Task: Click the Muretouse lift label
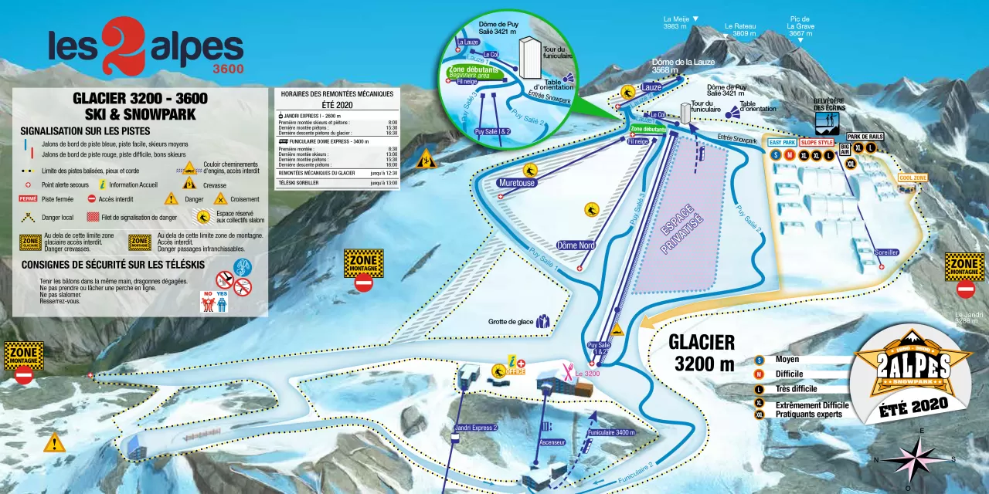point(517,183)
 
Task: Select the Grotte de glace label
point(511,322)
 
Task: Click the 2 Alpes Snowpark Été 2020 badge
point(912,374)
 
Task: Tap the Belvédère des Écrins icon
point(826,123)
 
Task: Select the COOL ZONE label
point(913,178)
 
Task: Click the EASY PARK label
point(782,143)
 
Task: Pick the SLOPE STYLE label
point(817,143)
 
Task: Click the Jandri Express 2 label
point(476,427)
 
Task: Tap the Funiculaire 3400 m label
point(611,433)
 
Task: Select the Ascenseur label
point(552,442)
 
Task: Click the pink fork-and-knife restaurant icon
point(568,370)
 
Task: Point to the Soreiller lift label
point(886,252)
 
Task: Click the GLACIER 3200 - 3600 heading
point(140,99)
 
